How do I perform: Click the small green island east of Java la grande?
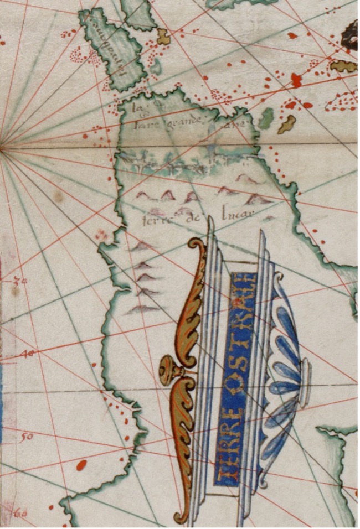266,118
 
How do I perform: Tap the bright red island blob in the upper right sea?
296,80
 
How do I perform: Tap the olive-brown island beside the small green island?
287,124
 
